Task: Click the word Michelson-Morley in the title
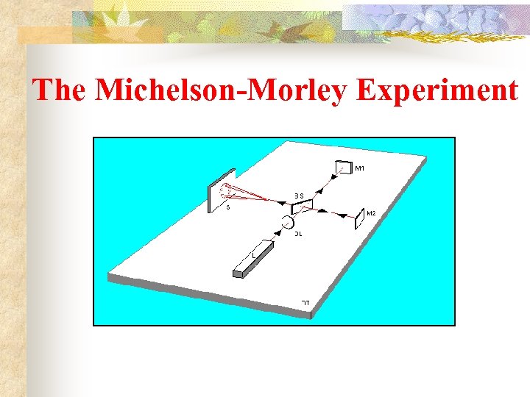pos(222,90)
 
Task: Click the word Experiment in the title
pos(437,90)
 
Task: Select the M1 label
pos(360,169)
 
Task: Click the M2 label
pos(371,213)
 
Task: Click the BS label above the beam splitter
pos(299,196)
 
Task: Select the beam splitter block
pos(302,206)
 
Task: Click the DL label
pos(299,234)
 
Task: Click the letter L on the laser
pos(255,254)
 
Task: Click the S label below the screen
pos(227,208)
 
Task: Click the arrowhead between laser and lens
pos(278,233)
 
